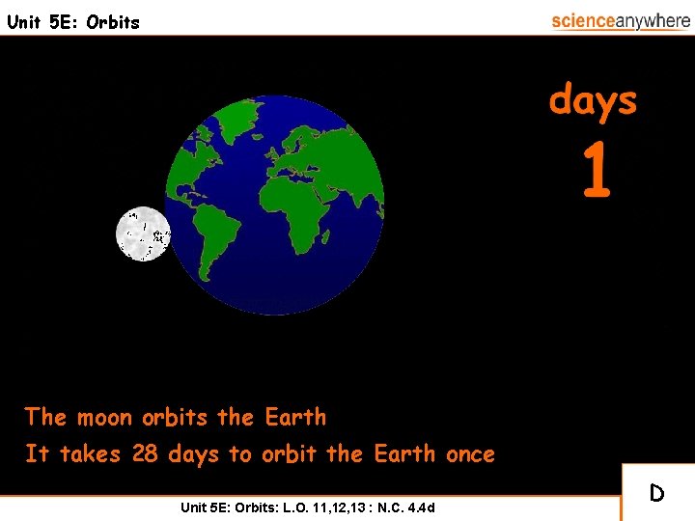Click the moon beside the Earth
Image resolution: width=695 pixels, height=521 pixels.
tap(143, 234)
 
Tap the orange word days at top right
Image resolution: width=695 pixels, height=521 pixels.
tap(593, 100)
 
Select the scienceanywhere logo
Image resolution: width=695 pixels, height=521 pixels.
tap(620, 21)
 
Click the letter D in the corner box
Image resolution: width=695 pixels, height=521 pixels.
tap(656, 494)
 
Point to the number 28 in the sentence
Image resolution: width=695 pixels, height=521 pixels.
tap(145, 453)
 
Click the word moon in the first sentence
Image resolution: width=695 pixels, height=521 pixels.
tap(106, 418)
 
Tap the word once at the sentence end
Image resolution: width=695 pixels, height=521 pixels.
tap(470, 453)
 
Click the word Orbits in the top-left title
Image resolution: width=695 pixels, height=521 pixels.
tap(113, 22)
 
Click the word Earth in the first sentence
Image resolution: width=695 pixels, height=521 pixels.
tap(295, 418)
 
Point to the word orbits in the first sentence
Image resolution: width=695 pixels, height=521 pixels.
tap(175, 418)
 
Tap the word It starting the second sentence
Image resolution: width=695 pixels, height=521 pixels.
tap(37, 453)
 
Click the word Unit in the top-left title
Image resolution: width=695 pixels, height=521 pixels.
tap(24, 22)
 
